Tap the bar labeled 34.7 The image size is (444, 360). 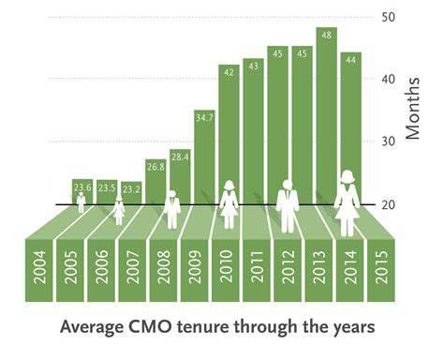(203, 155)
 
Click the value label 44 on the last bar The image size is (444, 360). (350, 60)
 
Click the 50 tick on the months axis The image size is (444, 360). (389, 17)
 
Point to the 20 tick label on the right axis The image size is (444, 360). (389, 204)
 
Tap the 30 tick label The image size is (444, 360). (389, 142)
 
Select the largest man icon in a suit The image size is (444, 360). (288, 202)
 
